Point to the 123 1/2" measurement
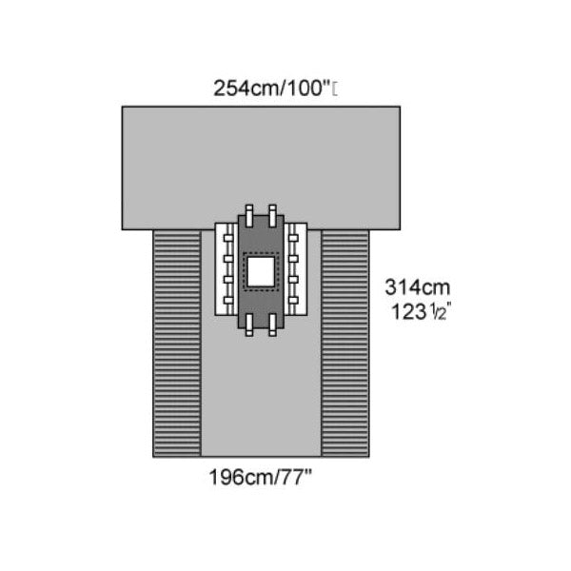(418, 310)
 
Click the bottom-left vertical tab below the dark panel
(249, 327)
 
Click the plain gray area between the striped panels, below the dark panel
(260, 400)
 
